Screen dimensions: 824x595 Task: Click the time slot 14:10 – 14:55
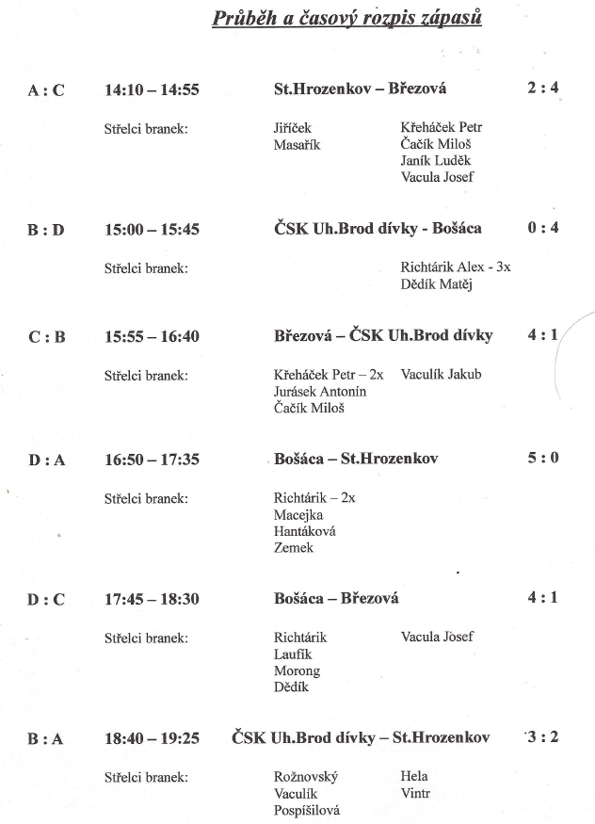pyautogui.click(x=152, y=89)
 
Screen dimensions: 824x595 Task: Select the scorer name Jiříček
pyautogui.click(x=292, y=127)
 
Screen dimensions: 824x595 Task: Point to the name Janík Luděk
pyautogui.click(x=436, y=160)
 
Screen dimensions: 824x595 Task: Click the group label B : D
pyautogui.click(x=46, y=230)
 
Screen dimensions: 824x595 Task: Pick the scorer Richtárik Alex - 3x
pyautogui.click(x=456, y=267)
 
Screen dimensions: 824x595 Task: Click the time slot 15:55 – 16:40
pyautogui.click(x=152, y=336)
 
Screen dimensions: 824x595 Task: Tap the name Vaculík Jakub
pyautogui.click(x=441, y=374)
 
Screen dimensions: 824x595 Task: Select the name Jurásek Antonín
pyautogui.click(x=320, y=391)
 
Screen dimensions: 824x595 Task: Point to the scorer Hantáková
pyautogui.click(x=304, y=531)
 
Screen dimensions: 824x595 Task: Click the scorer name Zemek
pyautogui.click(x=293, y=548)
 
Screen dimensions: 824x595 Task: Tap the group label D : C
pyautogui.click(x=46, y=599)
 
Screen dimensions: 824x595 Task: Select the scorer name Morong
pyautogui.click(x=297, y=671)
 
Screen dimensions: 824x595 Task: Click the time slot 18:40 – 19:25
pyautogui.click(x=152, y=738)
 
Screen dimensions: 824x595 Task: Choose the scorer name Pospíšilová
pyautogui.click(x=307, y=810)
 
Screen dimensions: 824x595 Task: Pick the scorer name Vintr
pyautogui.click(x=415, y=793)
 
